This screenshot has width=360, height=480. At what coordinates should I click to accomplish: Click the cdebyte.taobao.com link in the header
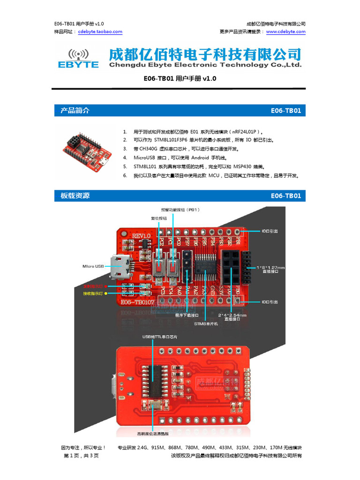coord(100,32)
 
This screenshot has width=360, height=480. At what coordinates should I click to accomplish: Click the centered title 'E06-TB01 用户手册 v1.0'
coord(180,79)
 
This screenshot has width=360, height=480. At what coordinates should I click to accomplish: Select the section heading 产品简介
coord(75,111)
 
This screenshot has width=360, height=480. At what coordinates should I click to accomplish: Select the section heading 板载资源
coord(75,195)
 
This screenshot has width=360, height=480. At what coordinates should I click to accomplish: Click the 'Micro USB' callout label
coord(93,266)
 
